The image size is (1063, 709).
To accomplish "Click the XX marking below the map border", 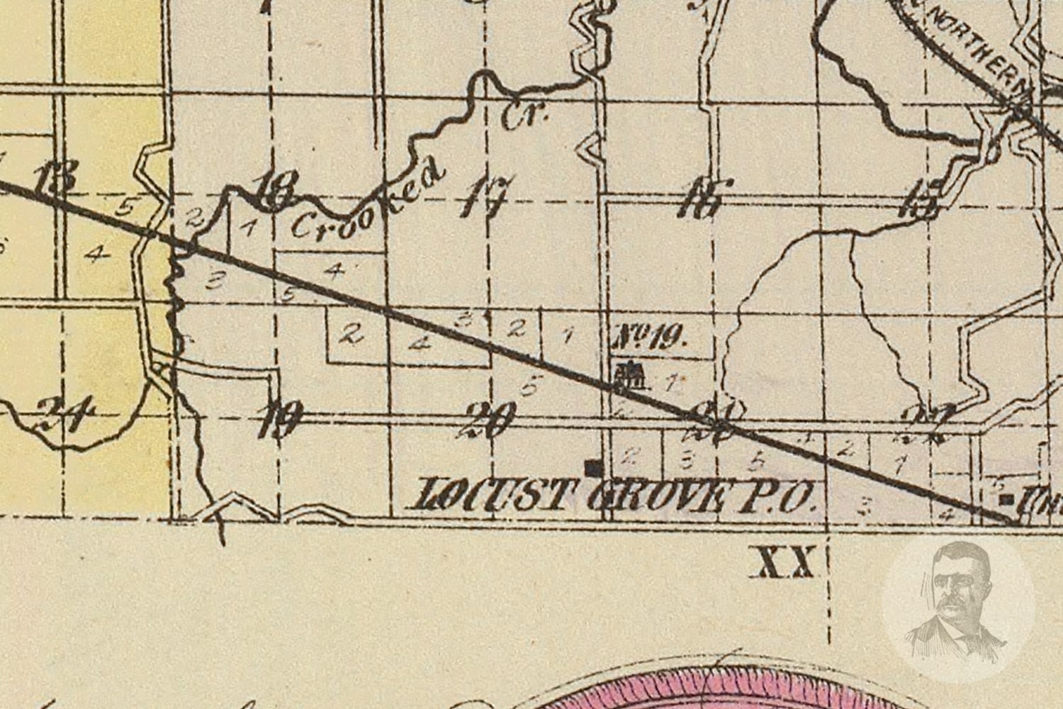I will [x=784, y=565].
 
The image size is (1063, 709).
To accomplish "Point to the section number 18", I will [x=273, y=190].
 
